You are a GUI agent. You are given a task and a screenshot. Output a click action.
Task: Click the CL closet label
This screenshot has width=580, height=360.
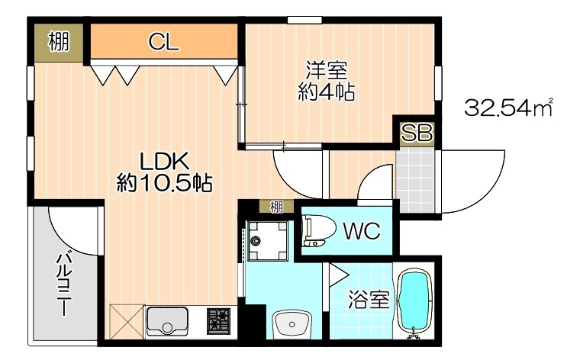click(163, 42)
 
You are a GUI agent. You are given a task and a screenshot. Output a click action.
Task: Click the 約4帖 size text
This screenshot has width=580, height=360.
click(327, 93)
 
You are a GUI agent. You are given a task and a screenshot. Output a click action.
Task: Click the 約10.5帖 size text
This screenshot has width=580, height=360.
click(163, 183)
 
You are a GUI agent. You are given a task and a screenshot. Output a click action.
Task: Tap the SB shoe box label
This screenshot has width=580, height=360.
click(417, 133)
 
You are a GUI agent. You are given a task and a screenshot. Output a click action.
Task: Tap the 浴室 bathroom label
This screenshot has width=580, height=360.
click(369, 300)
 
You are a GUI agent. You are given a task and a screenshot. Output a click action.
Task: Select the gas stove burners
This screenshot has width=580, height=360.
click(218, 320)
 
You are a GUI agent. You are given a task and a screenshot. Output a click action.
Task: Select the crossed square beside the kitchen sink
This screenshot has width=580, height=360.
click(127, 320)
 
